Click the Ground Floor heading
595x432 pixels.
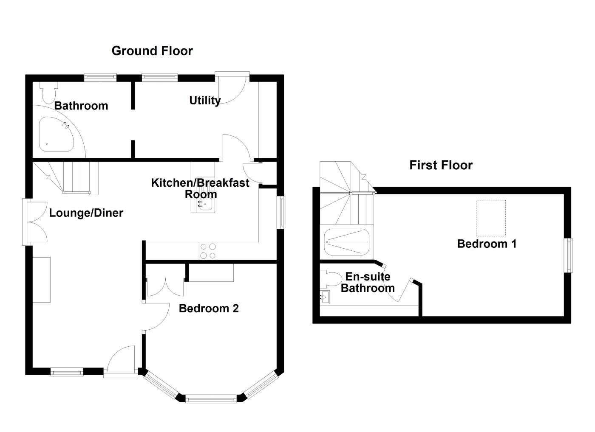(x=152, y=51)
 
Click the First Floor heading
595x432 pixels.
(x=441, y=165)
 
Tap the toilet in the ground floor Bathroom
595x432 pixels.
(x=48, y=90)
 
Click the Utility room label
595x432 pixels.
(x=204, y=101)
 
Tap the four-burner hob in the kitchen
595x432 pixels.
(x=208, y=251)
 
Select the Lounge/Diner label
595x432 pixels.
(x=86, y=213)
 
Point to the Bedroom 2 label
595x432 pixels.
(x=209, y=309)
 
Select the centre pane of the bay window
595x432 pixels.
(x=211, y=399)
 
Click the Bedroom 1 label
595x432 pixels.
(x=487, y=244)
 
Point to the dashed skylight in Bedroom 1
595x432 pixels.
(x=490, y=218)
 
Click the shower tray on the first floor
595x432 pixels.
(x=346, y=241)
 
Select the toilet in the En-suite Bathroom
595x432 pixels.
(x=331, y=279)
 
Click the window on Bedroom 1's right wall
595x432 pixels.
(x=568, y=255)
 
